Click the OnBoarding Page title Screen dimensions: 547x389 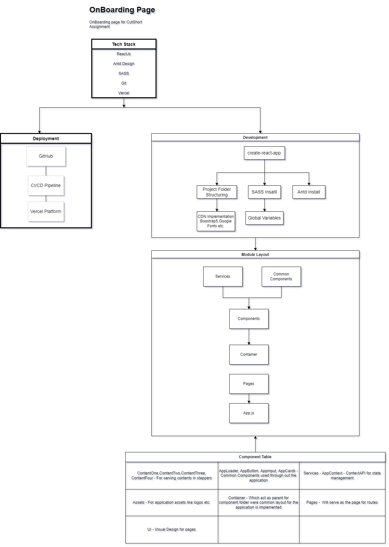[122, 10]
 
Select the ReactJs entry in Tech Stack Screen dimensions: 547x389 [124, 54]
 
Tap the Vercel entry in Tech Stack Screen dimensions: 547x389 [124, 93]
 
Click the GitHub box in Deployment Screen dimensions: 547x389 [46, 156]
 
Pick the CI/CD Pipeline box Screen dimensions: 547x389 [46, 185]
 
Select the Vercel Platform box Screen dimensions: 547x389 [46, 211]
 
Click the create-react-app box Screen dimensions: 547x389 [264, 153]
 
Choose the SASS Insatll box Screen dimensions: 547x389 [264, 192]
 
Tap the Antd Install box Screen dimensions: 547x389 [308, 192]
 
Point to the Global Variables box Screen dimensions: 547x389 [264, 218]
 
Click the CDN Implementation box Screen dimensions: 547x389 [216, 221]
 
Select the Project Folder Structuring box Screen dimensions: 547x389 [217, 192]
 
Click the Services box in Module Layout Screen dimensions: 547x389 [223, 276]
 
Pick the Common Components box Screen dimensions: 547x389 [281, 276]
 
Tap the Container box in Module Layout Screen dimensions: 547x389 [249, 354]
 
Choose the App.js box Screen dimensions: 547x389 [249, 413]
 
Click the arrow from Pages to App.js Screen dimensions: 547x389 [249, 399]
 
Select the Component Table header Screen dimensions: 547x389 [255, 457]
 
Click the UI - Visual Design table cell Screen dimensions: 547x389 [171, 529]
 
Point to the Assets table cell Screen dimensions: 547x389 [171, 502]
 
